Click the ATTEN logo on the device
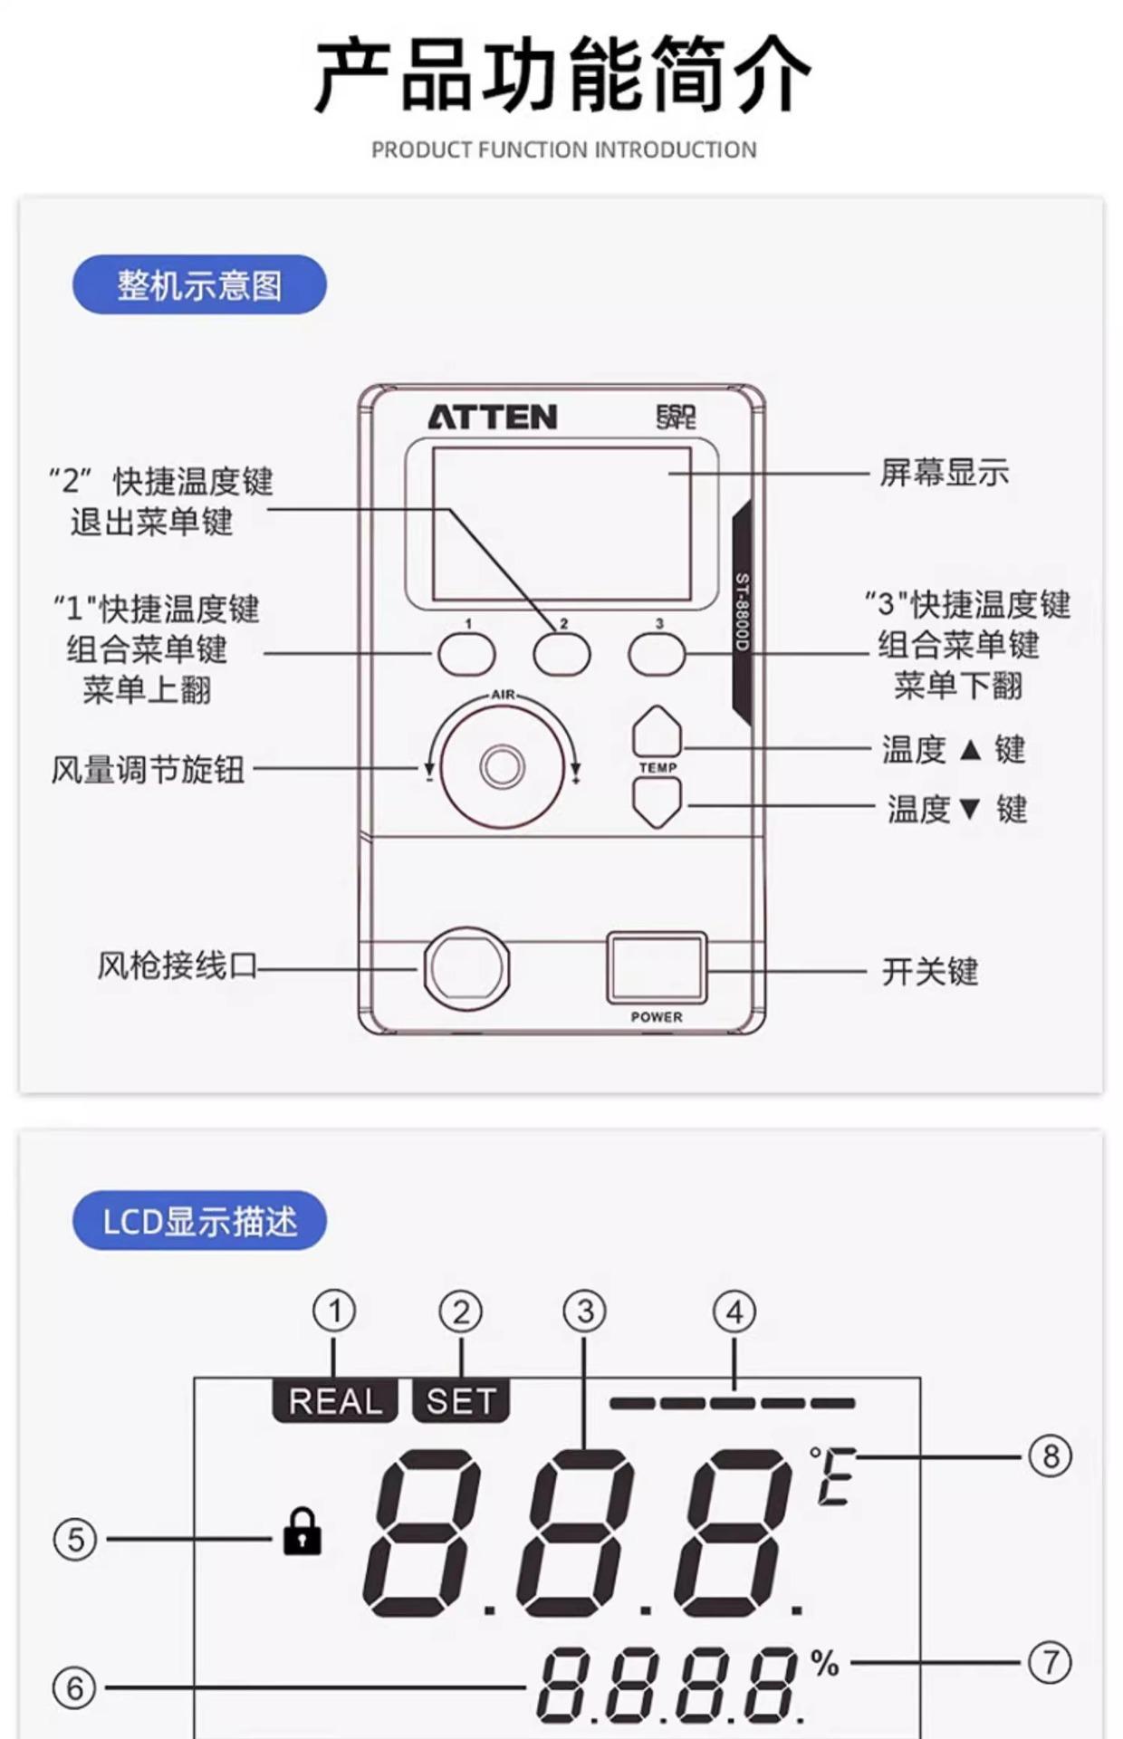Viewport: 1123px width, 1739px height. coord(492,417)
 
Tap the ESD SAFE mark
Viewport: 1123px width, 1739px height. coord(676,417)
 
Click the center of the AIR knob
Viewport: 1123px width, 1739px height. coord(502,766)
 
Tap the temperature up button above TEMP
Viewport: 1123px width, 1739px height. coord(657,732)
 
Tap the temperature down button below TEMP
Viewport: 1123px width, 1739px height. coord(657,802)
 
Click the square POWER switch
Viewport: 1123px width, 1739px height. coord(656,967)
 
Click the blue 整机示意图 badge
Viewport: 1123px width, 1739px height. coord(199,284)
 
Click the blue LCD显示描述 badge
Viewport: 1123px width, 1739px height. coord(199,1221)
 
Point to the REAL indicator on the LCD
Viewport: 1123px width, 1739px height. coord(335,1401)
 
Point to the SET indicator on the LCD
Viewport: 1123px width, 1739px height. coord(461,1401)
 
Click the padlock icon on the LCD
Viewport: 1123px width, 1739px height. coord(302,1532)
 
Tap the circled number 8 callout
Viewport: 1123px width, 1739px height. coord(1051,1456)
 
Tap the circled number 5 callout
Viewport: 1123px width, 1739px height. coord(75,1539)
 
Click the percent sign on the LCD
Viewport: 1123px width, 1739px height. coord(824,1663)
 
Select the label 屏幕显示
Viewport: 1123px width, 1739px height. coord(944,472)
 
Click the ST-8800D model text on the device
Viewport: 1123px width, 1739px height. coord(743,611)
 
